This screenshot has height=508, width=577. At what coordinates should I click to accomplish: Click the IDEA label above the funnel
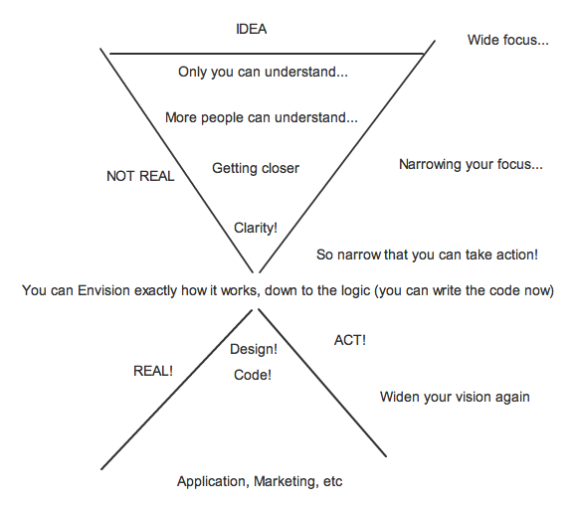(251, 29)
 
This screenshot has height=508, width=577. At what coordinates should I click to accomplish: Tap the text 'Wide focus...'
(507, 40)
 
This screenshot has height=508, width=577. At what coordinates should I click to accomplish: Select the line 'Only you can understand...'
(263, 72)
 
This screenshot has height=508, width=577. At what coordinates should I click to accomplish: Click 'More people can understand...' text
(262, 117)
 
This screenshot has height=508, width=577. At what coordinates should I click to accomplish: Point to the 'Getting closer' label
(256, 168)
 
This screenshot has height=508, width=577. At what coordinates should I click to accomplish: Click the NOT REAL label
(140, 176)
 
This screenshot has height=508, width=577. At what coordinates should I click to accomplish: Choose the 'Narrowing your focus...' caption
(471, 164)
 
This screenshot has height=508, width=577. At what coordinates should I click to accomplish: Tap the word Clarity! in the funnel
(256, 228)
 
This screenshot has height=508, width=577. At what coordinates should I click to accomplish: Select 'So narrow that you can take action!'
(427, 254)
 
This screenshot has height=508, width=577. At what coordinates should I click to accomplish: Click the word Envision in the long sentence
(103, 290)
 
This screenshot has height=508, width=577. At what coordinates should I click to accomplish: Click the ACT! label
(350, 340)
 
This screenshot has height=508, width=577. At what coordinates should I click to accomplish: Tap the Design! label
(254, 349)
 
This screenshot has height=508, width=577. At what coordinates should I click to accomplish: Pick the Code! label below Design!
(253, 375)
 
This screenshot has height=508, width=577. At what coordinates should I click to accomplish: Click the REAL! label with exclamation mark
(153, 371)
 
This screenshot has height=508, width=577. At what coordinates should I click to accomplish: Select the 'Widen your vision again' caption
(455, 398)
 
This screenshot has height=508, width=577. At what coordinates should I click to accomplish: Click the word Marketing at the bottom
(286, 481)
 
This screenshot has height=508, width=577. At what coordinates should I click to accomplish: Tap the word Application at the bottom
(213, 482)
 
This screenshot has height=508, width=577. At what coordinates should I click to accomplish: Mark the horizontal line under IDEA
(267, 54)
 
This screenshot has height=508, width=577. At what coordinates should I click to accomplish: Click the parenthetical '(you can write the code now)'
(464, 291)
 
